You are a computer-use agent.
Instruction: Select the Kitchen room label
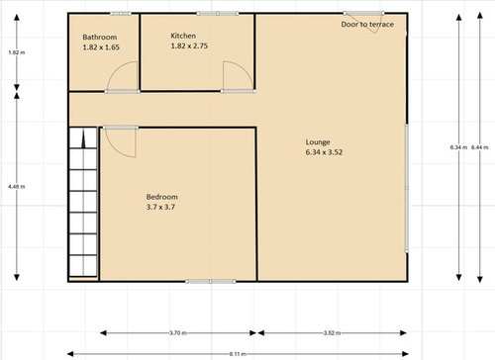pos(184,37)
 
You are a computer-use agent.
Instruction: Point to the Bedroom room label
pos(161,197)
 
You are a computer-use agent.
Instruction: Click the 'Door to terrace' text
pos(367,24)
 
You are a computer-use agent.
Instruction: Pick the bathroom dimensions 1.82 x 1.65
pos(100,46)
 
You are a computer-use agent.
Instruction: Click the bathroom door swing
pos(122,77)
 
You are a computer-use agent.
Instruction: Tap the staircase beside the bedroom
pos(83,203)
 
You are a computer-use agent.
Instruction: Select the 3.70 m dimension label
pos(178,333)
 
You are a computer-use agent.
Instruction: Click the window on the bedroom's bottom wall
pos(198,281)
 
